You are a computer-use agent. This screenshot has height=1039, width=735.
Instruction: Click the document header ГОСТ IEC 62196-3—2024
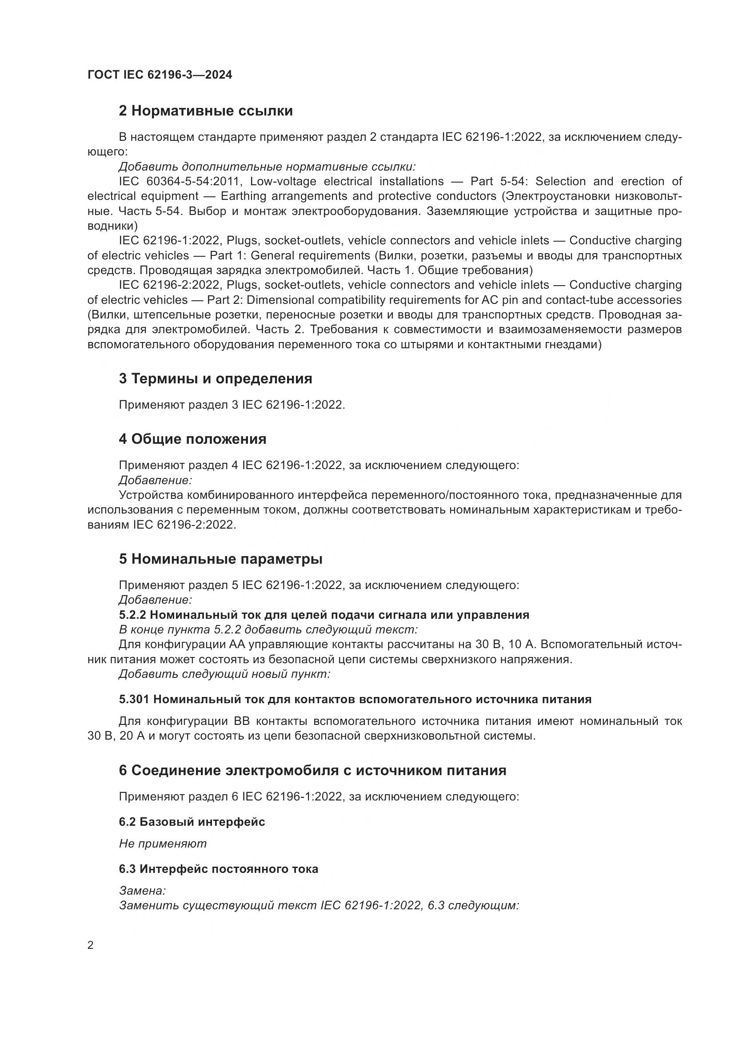click(160, 75)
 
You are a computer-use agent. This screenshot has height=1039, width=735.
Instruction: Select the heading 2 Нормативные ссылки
click(205, 111)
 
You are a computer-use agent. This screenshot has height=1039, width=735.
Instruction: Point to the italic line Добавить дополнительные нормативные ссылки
click(267, 167)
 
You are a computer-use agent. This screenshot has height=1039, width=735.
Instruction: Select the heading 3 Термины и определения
click(216, 379)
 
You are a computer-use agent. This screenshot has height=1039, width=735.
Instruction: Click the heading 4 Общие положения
click(192, 439)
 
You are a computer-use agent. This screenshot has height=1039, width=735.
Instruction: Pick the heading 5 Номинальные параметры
click(220, 559)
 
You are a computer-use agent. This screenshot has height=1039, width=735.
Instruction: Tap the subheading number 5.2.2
click(132, 615)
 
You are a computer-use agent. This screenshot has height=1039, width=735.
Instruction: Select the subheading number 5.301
click(134, 700)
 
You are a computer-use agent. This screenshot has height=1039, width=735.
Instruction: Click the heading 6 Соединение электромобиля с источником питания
click(312, 771)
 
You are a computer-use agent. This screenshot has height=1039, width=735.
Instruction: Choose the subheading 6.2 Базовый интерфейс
click(192, 822)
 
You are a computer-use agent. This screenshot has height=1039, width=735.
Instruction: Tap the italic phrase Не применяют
click(163, 844)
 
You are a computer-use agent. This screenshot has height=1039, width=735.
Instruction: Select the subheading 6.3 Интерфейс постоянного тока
click(218, 869)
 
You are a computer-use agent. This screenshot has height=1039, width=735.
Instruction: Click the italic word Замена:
click(142, 891)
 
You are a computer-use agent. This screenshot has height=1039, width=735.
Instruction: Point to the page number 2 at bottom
click(91, 946)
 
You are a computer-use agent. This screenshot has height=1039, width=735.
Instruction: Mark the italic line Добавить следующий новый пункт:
click(224, 674)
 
